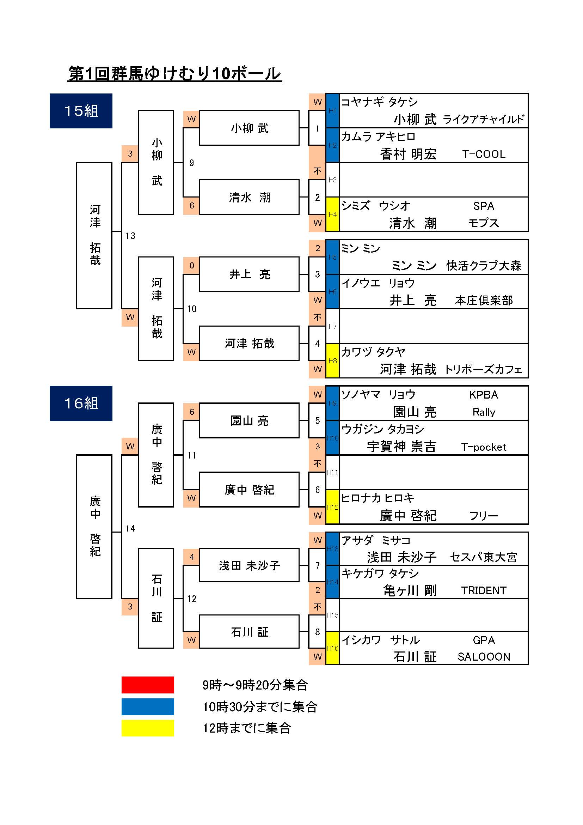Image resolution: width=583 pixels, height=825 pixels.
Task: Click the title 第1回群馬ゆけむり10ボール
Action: click(174, 74)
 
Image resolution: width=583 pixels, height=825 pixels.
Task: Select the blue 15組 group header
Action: click(81, 111)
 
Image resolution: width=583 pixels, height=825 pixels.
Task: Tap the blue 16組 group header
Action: click(81, 403)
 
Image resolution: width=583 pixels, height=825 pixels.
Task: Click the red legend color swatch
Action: click(148, 685)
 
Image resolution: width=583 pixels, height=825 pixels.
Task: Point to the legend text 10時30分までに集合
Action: click(260, 707)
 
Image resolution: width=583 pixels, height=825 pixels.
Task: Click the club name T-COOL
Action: click(484, 154)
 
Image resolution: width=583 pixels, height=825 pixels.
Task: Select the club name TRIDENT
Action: click(484, 590)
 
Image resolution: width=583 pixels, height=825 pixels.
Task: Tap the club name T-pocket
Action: click(484, 447)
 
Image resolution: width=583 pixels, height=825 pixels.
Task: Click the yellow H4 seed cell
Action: click(332, 214)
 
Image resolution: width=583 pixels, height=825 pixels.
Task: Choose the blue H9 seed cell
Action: click(332, 403)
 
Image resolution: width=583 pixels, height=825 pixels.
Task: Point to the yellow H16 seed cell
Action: click(332, 649)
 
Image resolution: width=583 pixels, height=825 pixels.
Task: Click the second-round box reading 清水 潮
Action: click(249, 197)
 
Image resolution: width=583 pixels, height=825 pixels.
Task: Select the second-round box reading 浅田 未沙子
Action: click(249, 565)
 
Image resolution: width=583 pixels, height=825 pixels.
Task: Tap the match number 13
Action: click(130, 236)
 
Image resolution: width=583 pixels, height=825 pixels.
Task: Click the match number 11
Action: click(192, 455)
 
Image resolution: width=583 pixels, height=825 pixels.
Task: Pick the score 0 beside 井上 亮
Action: click(192, 266)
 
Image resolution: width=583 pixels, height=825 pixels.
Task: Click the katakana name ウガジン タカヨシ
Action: click(383, 429)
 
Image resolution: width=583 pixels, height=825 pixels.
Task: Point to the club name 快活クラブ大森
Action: click(484, 266)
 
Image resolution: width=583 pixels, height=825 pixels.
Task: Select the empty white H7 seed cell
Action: click(332, 326)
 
